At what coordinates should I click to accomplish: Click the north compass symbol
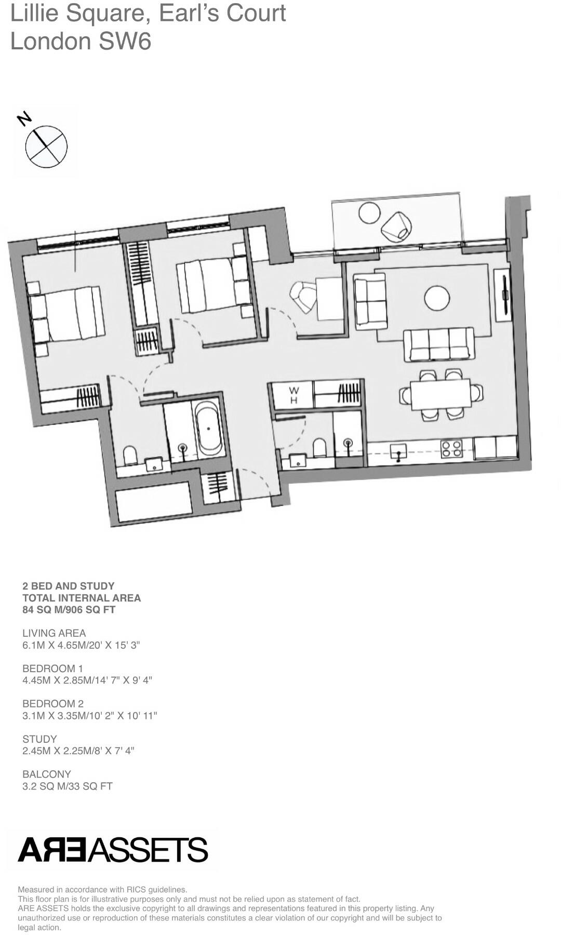click(x=46, y=145)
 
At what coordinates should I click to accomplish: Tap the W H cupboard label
click(x=293, y=395)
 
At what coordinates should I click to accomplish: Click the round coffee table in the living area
click(x=437, y=298)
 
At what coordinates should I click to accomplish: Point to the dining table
click(x=440, y=395)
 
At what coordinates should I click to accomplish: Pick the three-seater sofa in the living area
click(x=439, y=344)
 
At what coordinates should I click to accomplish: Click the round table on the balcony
click(x=369, y=213)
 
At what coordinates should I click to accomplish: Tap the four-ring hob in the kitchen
click(x=451, y=448)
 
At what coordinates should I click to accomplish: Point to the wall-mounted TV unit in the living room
click(x=503, y=295)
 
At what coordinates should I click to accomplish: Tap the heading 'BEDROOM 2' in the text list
click(x=53, y=704)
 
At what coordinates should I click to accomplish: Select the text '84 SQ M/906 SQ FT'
click(x=69, y=610)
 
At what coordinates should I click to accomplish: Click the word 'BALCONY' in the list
click(x=47, y=774)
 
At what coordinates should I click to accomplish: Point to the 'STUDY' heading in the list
click(x=39, y=739)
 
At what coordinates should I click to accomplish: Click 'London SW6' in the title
click(x=81, y=42)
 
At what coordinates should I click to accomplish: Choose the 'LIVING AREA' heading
click(x=54, y=633)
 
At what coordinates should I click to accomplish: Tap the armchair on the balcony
click(x=397, y=226)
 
